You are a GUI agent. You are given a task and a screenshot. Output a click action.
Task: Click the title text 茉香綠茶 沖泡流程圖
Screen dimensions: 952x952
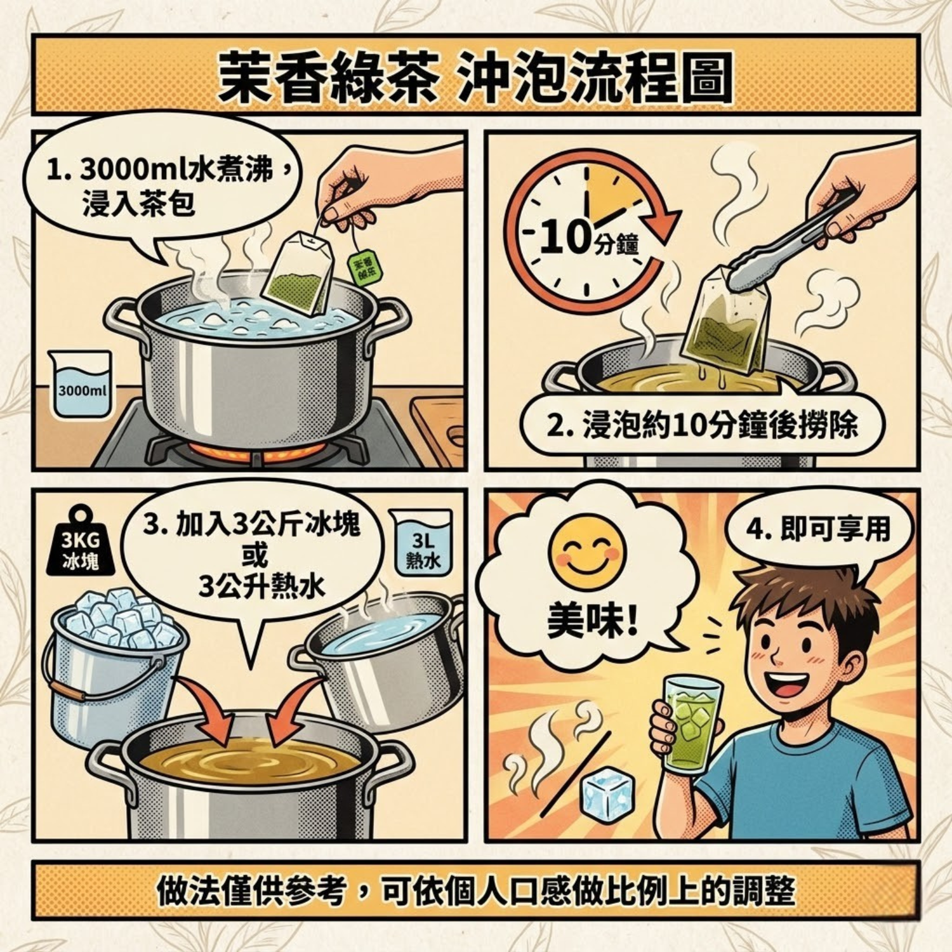(x=475, y=77)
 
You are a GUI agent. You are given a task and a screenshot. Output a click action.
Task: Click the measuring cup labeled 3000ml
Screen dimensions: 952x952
(x=79, y=384)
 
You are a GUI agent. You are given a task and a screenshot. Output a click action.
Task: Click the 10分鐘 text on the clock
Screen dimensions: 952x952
(x=587, y=240)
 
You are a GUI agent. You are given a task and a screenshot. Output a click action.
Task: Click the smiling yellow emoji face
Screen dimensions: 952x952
(x=587, y=551)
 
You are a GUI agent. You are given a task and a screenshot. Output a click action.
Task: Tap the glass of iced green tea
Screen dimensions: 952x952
(x=692, y=724)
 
